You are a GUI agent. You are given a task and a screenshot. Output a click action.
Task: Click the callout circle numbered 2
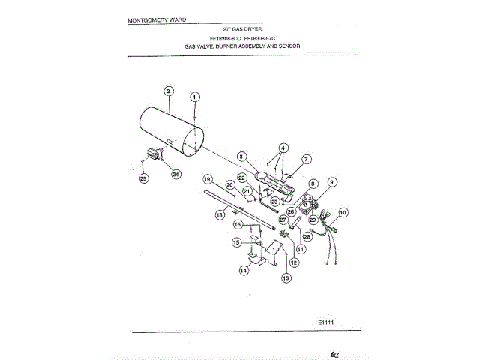coord(169,91)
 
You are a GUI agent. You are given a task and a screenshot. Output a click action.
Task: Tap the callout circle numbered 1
coord(195,97)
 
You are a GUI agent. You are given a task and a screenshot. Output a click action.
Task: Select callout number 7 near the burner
coord(306,159)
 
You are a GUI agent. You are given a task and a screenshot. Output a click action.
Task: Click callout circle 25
coord(143,178)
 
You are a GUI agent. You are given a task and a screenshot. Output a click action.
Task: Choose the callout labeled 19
coord(208,178)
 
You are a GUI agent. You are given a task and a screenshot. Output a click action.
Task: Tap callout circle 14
coord(244,270)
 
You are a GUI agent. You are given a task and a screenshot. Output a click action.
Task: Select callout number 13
coord(286,278)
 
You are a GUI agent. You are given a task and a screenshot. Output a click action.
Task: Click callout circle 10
coord(343,213)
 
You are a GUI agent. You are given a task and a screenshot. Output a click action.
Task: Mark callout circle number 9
coord(332,181)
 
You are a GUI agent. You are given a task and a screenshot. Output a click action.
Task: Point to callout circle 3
coord(242,156)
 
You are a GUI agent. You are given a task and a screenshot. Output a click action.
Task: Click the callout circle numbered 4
coord(284,148)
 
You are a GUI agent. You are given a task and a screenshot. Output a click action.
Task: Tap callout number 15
coord(236,242)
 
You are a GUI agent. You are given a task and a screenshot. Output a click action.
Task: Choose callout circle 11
coord(301,248)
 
